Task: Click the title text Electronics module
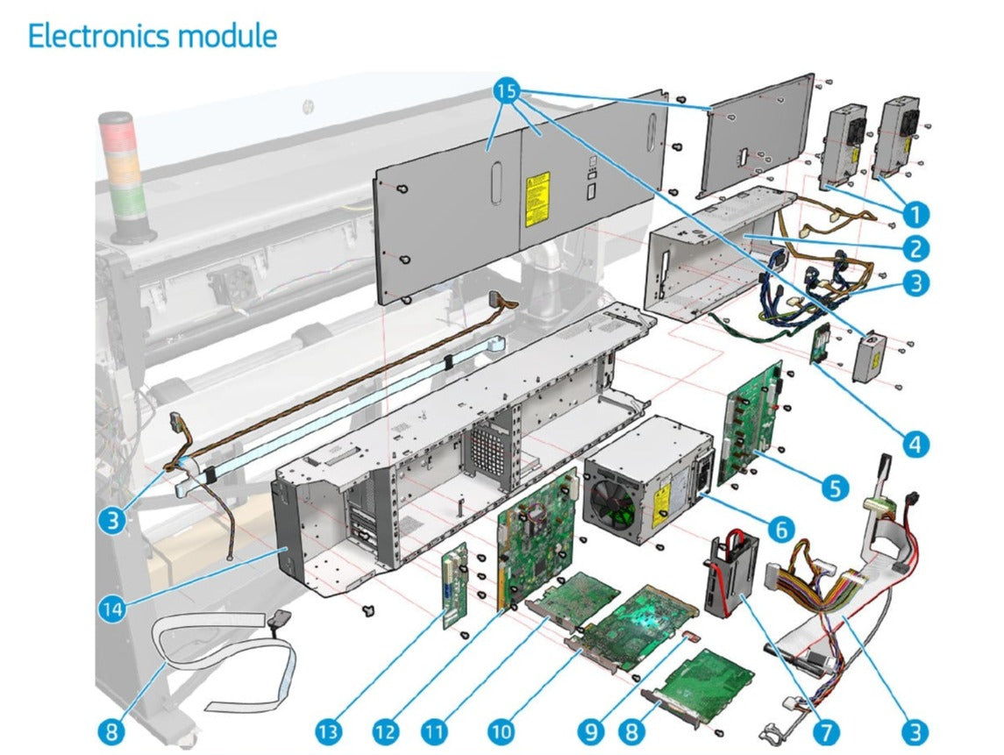coord(153,37)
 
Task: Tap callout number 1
coord(915,213)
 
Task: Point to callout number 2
coord(915,249)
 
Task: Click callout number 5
coord(833,488)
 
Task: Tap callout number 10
coord(500,730)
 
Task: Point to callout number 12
coord(384,730)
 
